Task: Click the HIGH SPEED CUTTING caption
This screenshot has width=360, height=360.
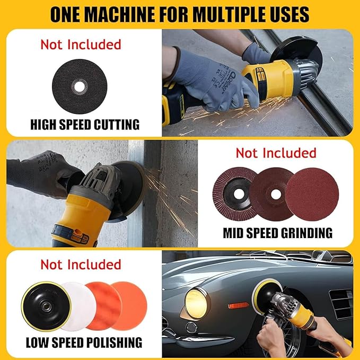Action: coord(84,125)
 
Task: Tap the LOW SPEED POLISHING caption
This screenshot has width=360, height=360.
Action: coord(84,342)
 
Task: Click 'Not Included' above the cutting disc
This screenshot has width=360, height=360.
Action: coord(81,44)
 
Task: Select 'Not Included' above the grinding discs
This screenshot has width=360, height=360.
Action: coord(276,153)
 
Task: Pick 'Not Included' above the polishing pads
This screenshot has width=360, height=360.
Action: coord(81,264)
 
